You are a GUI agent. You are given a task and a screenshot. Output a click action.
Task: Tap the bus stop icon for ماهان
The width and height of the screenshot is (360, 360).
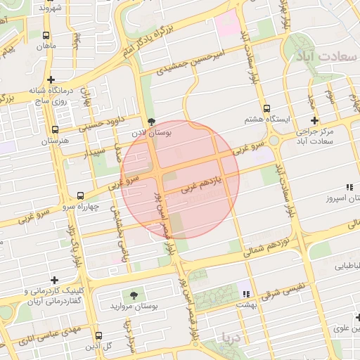coord(46,35)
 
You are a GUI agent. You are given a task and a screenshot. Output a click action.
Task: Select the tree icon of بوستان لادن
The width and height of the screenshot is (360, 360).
coord(151,121)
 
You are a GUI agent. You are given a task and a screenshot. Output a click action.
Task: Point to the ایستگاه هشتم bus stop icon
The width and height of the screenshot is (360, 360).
coord(266,109)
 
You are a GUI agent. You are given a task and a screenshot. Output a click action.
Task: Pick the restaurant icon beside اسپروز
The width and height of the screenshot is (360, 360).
coord(349,186)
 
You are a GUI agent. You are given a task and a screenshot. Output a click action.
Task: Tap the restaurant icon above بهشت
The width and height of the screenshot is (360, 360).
coord(246,293)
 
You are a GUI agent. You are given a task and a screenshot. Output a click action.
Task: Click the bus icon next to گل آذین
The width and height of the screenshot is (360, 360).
coord(98,335)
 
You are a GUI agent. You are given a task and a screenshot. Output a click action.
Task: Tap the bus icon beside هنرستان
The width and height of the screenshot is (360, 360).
coord(56,130)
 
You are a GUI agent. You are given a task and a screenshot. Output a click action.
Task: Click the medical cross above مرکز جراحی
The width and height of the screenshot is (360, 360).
coord(314,121)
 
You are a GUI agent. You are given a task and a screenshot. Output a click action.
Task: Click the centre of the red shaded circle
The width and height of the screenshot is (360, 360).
coord(180,179)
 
